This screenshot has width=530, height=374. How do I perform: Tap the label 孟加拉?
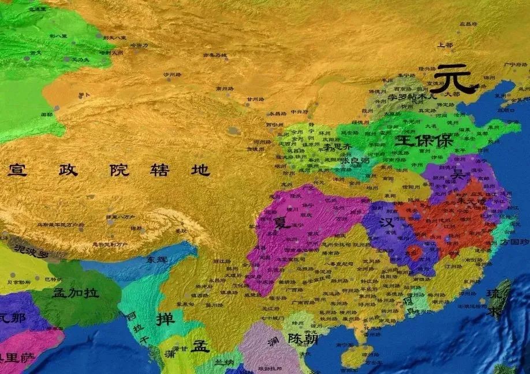(76, 292)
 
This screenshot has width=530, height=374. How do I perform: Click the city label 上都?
(445, 45)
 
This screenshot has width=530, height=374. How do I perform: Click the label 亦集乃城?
(214, 55)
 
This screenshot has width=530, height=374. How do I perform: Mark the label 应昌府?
(468, 24)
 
